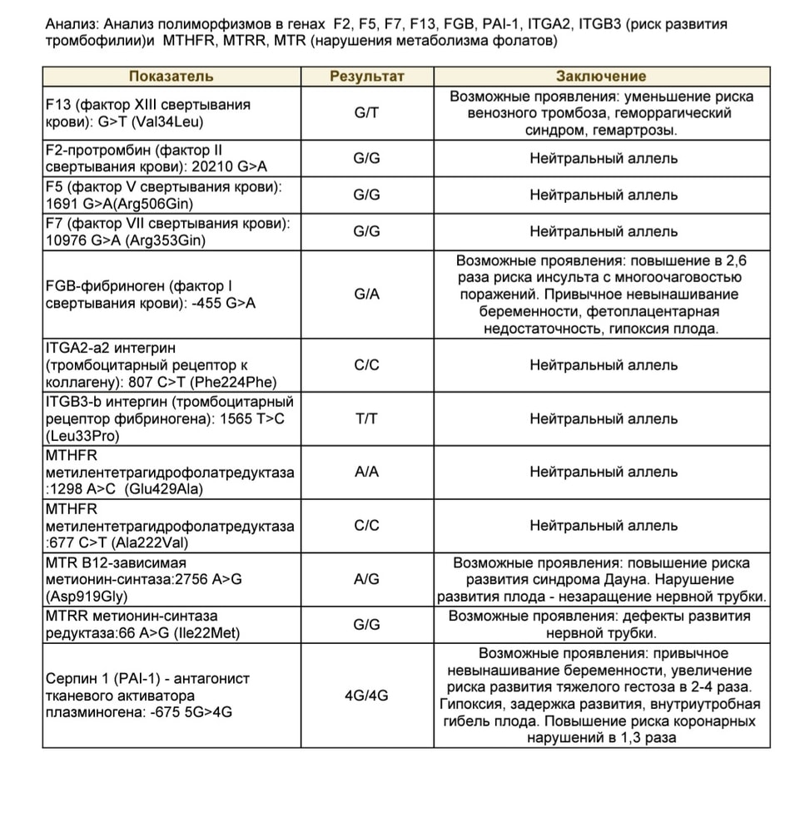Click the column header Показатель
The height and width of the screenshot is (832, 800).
click(x=171, y=77)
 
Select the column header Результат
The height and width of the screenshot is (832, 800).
click(x=367, y=77)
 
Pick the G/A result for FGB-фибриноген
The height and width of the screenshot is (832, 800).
click(x=367, y=295)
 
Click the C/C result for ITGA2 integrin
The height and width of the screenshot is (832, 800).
click(x=367, y=364)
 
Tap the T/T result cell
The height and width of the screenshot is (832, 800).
click(x=367, y=418)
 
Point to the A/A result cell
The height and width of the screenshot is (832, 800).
click(x=367, y=472)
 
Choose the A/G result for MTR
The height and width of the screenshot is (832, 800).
click(x=367, y=580)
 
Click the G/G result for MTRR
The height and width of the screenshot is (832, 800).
click(x=367, y=625)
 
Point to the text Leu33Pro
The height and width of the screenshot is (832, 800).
click(x=80, y=436)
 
